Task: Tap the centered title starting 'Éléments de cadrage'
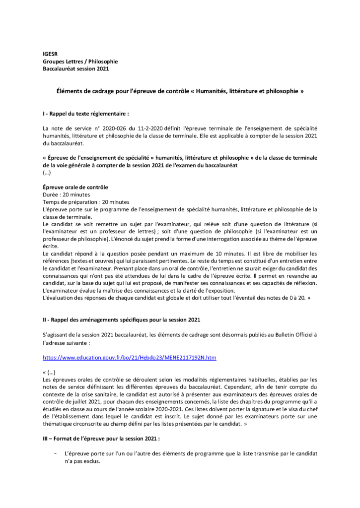click(x=180, y=92)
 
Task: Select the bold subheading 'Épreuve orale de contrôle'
click(x=75, y=187)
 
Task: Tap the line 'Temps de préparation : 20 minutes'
click(x=86, y=202)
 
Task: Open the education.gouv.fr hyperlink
click(x=130, y=357)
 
